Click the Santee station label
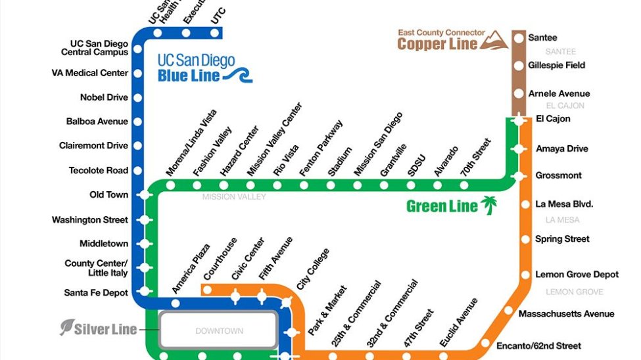[x=542, y=38]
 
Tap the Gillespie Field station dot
[x=519, y=66]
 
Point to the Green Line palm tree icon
[x=488, y=206]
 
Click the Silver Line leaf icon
[x=67, y=327]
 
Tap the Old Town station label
[x=108, y=195]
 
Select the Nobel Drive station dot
[x=138, y=98]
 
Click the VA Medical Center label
[x=89, y=73]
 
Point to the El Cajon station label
[x=553, y=119]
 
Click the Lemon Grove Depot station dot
[x=525, y=275]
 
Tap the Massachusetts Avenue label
[x=566, y=314]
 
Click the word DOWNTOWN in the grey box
[x=219, y=331]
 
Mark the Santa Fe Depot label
[x=96, y=292]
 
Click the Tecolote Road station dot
[x=138, y=171]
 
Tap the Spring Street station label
[x=562, y=239]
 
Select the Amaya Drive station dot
[x=519, y=149]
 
